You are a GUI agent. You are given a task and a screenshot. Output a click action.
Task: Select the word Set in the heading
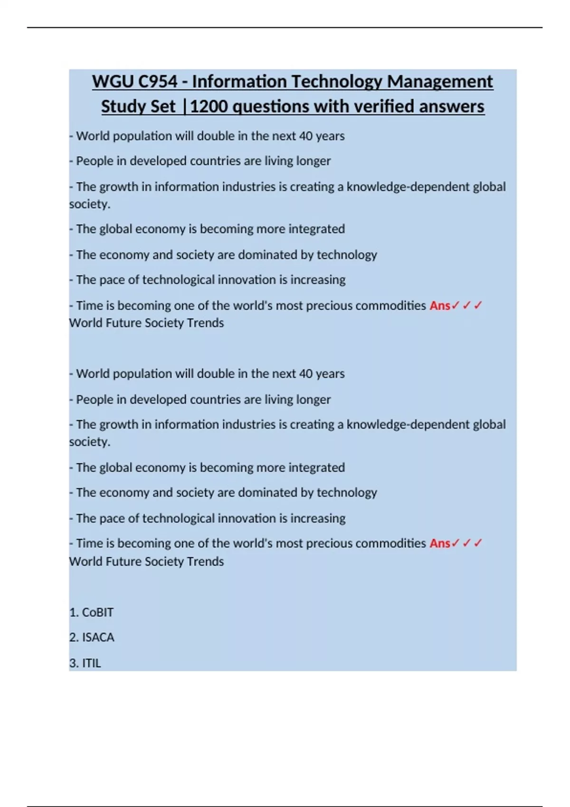point(163,106)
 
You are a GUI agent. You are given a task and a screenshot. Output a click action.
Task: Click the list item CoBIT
point(98,612)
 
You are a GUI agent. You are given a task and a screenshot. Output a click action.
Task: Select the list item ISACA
point(98,638)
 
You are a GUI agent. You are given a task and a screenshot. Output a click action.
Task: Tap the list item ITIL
point(92,663)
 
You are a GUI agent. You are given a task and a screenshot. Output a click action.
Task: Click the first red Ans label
point(440,305)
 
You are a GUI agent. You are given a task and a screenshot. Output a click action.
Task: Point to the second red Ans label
point(440,543)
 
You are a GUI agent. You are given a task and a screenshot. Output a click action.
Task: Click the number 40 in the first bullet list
point(305,136)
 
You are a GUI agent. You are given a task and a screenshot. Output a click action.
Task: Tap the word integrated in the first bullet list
point(316,229)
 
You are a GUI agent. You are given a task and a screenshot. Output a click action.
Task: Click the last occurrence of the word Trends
point(205,562)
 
